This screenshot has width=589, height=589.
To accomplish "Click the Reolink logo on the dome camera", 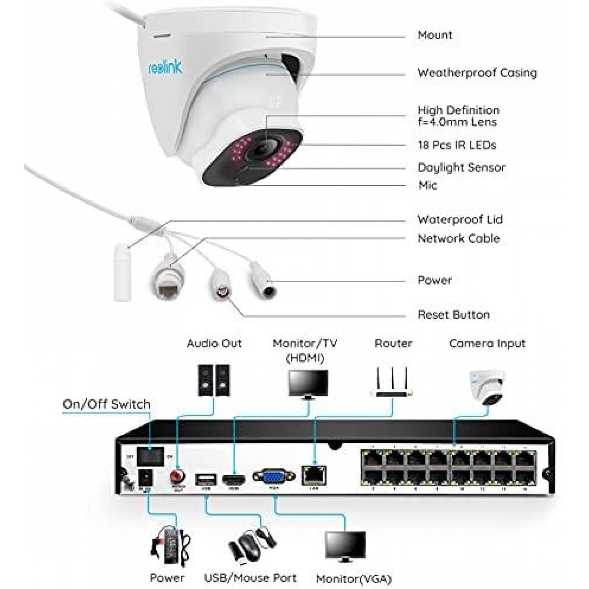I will (x=165, y=67).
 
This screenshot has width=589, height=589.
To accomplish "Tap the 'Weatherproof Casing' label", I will (x=477, y=73).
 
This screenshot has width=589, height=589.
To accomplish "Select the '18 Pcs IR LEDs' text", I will (x=457, y=145).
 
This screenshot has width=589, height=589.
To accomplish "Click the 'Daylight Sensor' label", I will (x=461, y=167).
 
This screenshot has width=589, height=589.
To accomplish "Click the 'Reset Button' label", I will (x=453, y=315).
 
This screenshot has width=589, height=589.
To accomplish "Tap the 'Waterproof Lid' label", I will (x=460, y=219).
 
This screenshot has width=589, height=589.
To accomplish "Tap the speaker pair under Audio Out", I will (x=214, y=380).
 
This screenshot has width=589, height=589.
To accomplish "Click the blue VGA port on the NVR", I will (x=273, y=477).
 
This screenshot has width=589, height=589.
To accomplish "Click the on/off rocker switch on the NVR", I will (x=150, y=456).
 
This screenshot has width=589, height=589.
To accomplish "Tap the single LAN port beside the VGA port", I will (x=314, y=475).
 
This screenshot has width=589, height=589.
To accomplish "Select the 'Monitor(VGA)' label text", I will (x=354, y=579).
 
